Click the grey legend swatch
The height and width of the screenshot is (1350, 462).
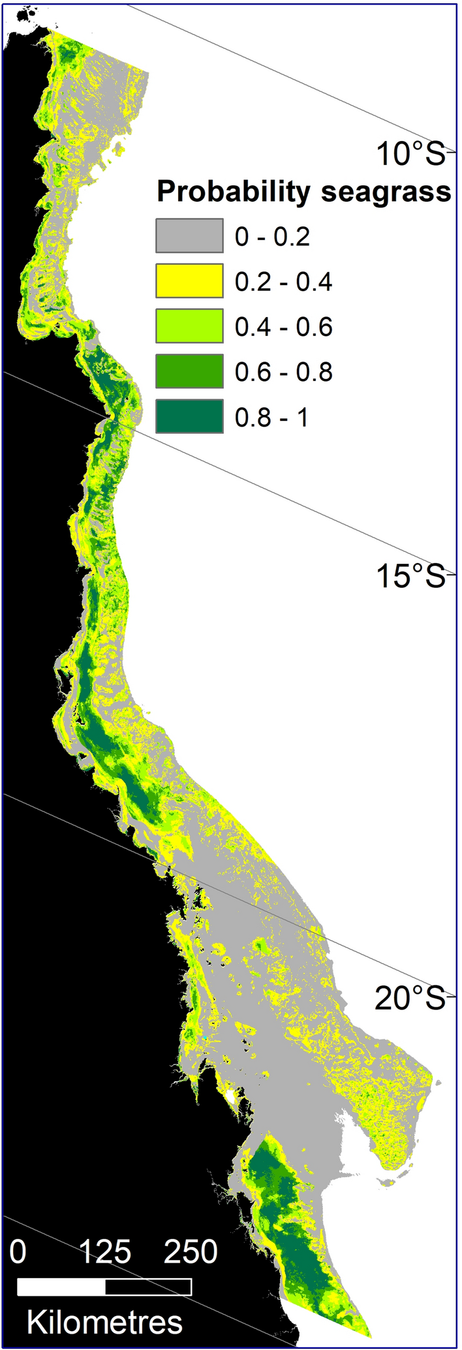pos(189,236)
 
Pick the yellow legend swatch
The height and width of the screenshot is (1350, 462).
pos(189,281)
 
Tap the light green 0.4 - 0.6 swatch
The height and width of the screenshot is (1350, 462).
pos(189,326)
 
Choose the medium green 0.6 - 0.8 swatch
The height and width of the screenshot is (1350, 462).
pos(189,371)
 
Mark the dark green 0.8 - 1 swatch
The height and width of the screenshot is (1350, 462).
pos(189,416)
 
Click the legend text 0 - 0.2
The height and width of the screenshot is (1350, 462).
pos(272,236)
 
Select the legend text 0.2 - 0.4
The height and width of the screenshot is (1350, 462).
pos(283,281)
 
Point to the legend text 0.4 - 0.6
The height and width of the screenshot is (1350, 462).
pos(283,326)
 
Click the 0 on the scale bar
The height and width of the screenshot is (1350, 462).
pos(18,1251)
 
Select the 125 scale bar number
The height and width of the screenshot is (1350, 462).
pos(105,1251)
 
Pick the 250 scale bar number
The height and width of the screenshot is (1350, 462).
pos(191,1251)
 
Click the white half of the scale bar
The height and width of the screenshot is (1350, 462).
pos(61,1286)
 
